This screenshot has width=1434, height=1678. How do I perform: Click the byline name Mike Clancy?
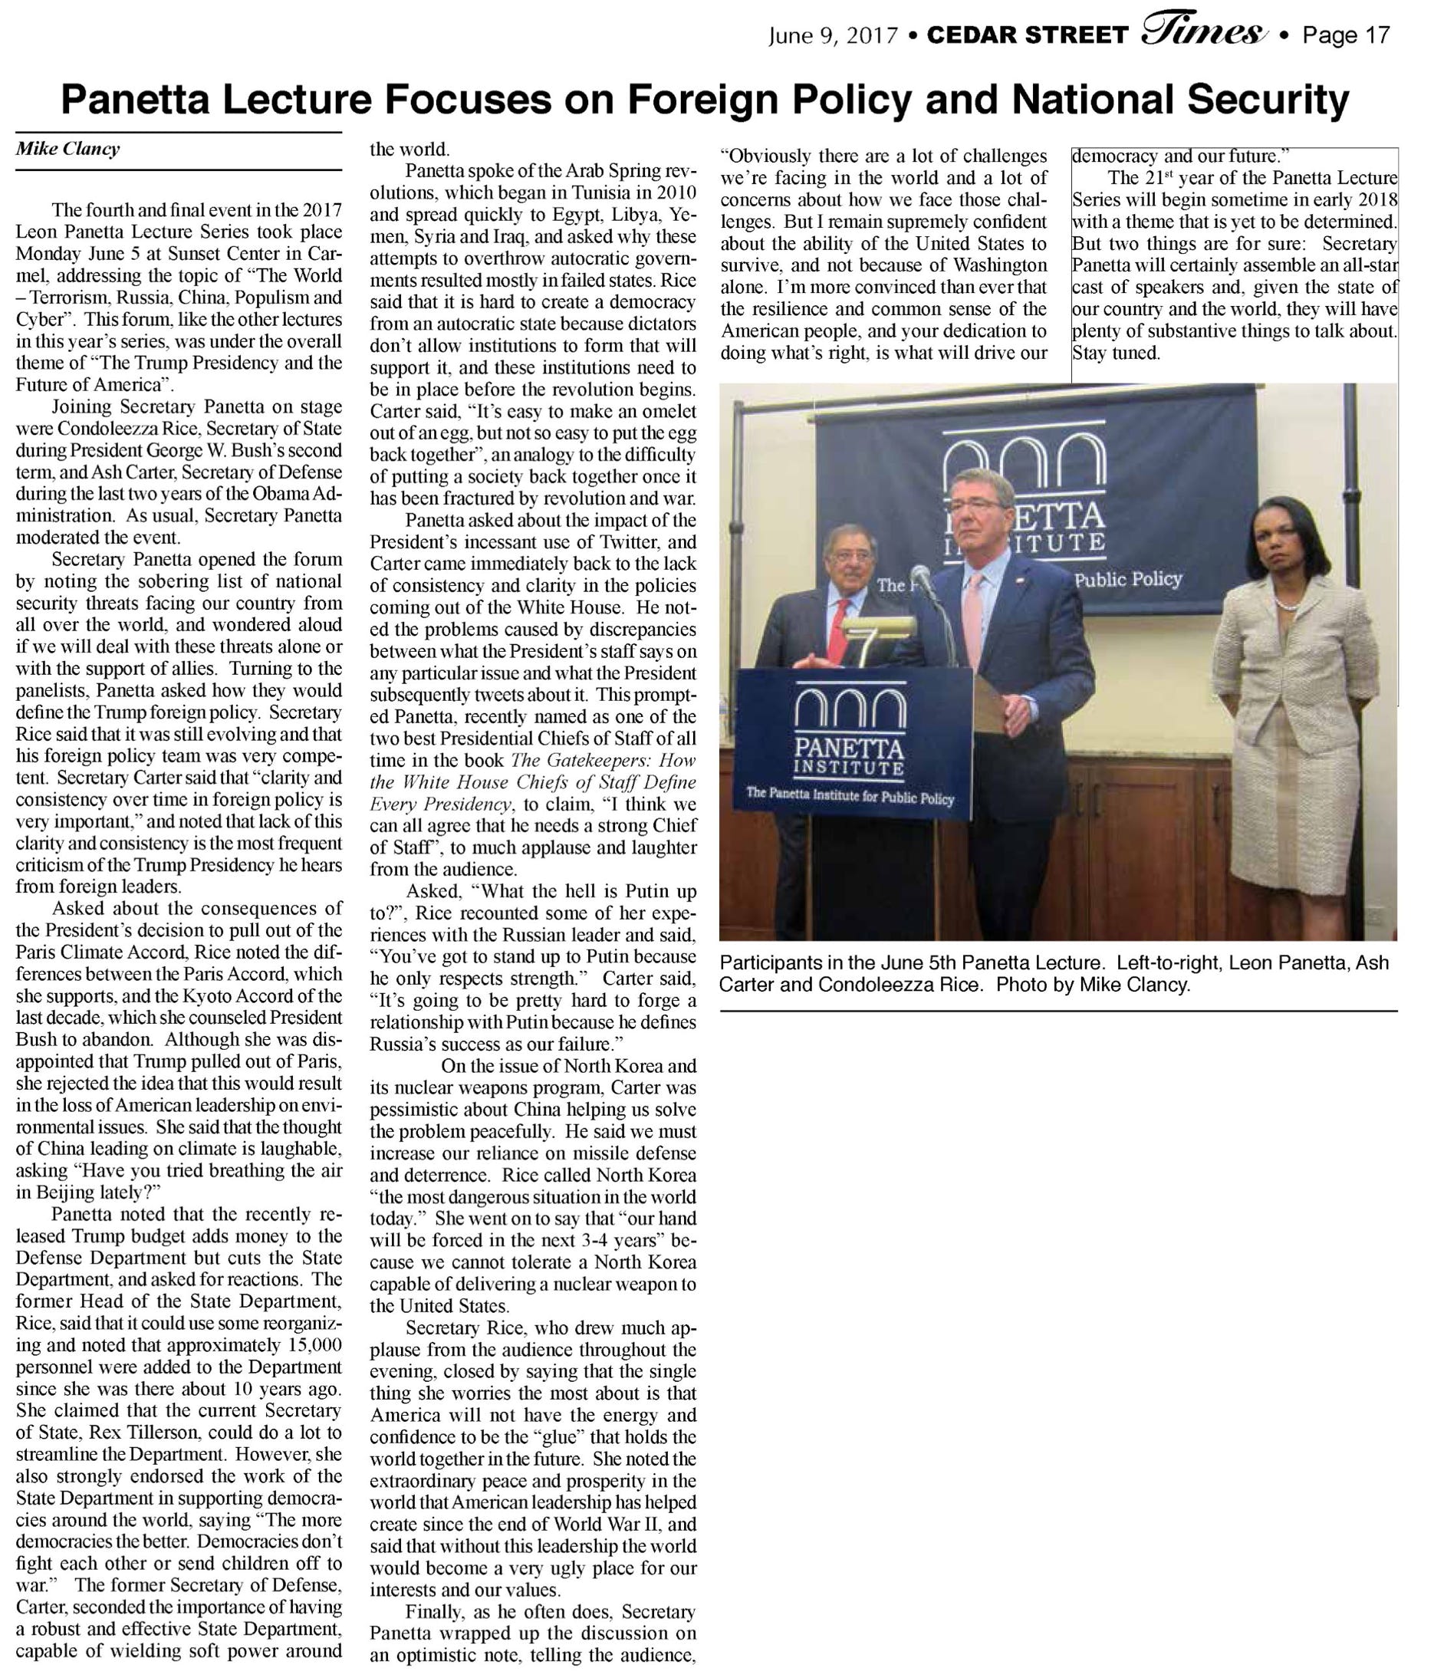point(68,149)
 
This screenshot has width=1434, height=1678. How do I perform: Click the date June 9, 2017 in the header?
point(834,35)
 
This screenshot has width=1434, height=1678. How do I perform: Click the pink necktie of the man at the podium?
point(972,611)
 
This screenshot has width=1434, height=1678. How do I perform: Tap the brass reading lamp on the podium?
point(878,627)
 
